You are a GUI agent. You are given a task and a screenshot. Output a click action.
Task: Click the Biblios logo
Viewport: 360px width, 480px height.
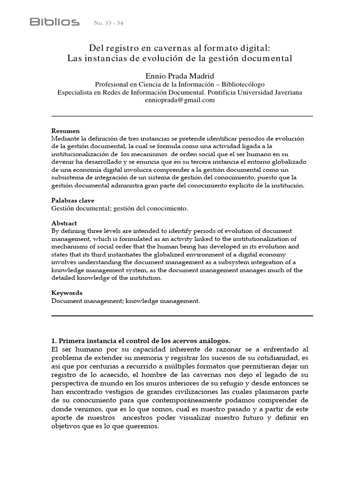click(x=54, y=22)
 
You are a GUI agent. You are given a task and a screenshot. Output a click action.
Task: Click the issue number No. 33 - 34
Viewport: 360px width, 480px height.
click(x=110, y=23)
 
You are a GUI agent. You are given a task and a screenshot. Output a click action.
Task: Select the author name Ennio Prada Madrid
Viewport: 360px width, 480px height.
click(x=180, y=75)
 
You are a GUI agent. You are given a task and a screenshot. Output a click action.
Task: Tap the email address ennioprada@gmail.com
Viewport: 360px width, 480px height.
click(x=180, y=100)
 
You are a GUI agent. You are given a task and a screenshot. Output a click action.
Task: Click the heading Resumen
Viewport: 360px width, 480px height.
click(x=65, y=131)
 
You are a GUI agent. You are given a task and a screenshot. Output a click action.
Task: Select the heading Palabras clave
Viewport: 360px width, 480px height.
click(x=73, y=200)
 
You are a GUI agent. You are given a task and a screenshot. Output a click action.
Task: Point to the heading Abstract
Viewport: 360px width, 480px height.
click(x=64, y=223)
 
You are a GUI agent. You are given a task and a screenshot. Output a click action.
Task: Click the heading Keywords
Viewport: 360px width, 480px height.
click(x=67, y=292)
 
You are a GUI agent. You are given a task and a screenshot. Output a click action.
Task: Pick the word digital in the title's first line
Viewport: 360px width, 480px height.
click(x=254, y=48)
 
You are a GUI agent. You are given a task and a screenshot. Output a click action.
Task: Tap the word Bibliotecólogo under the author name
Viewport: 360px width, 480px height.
click(x=238, y=84)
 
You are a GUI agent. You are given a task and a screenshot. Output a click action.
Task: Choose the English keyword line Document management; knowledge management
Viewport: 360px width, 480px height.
click(x=126, y=300)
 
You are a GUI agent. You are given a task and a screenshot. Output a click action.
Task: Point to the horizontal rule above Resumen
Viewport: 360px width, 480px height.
click(x=182, y=116)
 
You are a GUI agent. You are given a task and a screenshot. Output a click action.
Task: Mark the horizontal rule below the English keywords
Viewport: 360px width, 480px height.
click(x=182, y=316)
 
